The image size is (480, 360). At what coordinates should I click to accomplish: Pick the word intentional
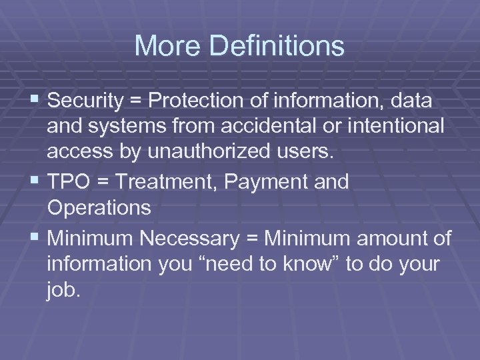(x=398, y=127)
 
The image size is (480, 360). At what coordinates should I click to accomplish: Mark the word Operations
(x=99, y=208)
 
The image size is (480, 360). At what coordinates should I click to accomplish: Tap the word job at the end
(x=63, y=291)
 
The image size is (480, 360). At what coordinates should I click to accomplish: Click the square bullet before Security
(x=35, y=101)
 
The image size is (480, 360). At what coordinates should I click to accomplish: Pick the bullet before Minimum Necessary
(x=35, y=237)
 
